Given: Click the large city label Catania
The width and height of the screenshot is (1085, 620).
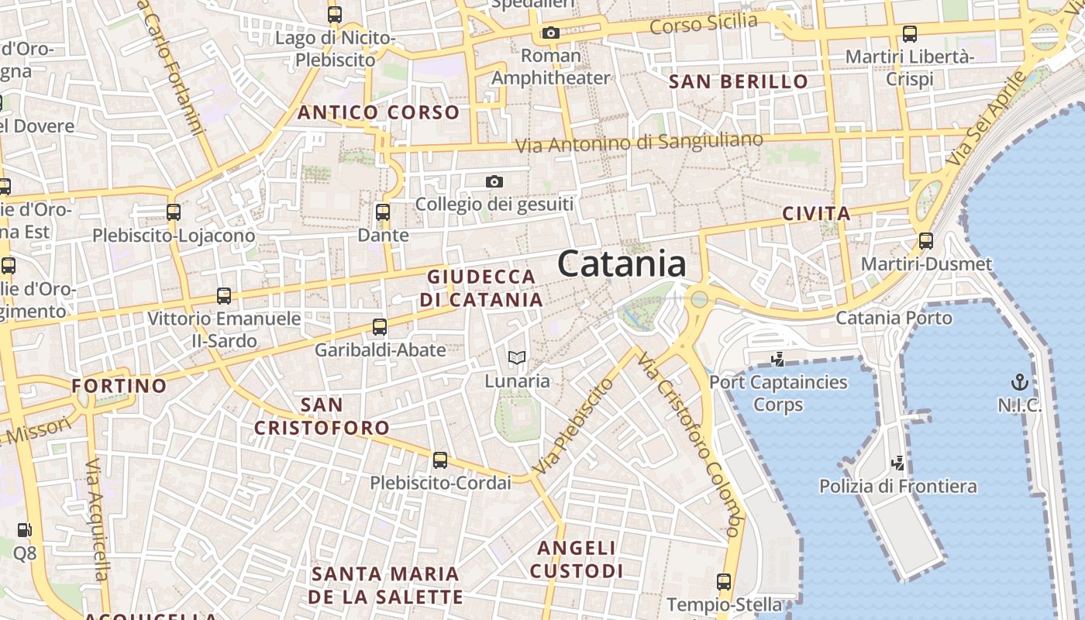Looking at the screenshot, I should (622, 264).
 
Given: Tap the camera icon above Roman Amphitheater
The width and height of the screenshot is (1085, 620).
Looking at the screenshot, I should (551, 33).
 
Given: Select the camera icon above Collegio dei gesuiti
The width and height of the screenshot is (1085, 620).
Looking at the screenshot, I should (494, 182).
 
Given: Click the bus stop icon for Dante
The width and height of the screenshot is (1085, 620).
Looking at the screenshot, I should (383, 212).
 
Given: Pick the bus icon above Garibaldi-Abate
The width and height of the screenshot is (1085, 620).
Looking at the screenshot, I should (380, 327).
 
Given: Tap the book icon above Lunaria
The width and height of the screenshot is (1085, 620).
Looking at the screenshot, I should (517, 358).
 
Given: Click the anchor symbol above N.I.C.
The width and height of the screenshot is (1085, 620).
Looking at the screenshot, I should (1020, 381).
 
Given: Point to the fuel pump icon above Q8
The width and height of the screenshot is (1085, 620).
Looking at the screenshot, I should (25, 530).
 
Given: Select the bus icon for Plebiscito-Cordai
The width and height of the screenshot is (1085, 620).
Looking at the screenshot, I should (440, 460).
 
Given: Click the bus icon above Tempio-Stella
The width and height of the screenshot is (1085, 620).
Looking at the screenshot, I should (724, 581).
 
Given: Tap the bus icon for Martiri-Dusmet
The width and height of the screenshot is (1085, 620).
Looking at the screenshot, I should (926, 241).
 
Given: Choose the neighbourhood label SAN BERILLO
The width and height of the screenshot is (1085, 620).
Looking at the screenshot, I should (738, 81).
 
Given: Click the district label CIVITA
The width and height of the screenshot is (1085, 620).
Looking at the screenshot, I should (816, 214).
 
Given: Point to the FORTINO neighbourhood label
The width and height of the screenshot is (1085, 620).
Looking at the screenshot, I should (119, 386).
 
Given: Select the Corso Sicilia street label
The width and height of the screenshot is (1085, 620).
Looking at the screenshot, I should (703, 24).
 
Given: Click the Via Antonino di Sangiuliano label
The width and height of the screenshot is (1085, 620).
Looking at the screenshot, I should (639, 143).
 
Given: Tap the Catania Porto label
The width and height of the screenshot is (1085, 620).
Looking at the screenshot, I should (894, 318).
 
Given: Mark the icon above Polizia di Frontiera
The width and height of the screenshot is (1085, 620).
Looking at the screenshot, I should (898, 463).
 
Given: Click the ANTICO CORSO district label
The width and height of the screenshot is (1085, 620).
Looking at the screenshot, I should (378, 112).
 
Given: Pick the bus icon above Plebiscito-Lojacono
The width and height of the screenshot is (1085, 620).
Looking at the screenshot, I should (174, 212).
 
